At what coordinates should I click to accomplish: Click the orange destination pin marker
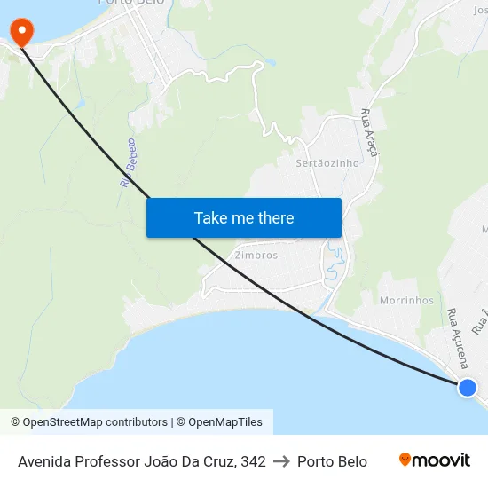20,32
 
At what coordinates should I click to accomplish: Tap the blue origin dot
467,387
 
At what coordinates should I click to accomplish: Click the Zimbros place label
256,256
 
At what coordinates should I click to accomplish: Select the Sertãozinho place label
327,163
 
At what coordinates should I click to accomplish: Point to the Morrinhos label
406,301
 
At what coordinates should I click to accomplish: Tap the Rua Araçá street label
370,133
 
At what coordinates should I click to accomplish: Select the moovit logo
435,460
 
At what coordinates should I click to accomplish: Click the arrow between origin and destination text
282,461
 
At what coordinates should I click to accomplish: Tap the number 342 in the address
254,461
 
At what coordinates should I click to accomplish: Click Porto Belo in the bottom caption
332,461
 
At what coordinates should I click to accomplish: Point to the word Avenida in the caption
43,461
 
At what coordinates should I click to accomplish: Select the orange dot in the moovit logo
405,460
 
